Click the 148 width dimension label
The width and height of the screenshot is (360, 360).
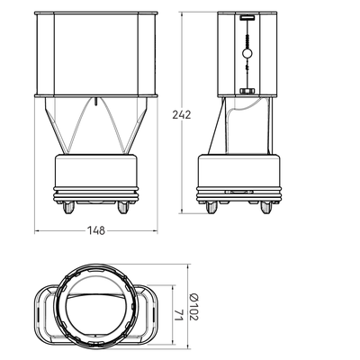coord(96,230)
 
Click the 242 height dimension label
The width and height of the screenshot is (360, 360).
coord(182,114)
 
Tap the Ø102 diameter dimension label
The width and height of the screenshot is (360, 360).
coord(194,307)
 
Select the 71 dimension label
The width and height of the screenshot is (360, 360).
coord(178,315)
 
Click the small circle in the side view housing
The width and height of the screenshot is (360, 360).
coord(247,53)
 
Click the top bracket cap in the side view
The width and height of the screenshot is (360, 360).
coord(247,18)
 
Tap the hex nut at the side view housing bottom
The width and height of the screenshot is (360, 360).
coord(247,91)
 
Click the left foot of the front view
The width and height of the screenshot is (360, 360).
coord(69,207)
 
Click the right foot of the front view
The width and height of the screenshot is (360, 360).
coord(123,207)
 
